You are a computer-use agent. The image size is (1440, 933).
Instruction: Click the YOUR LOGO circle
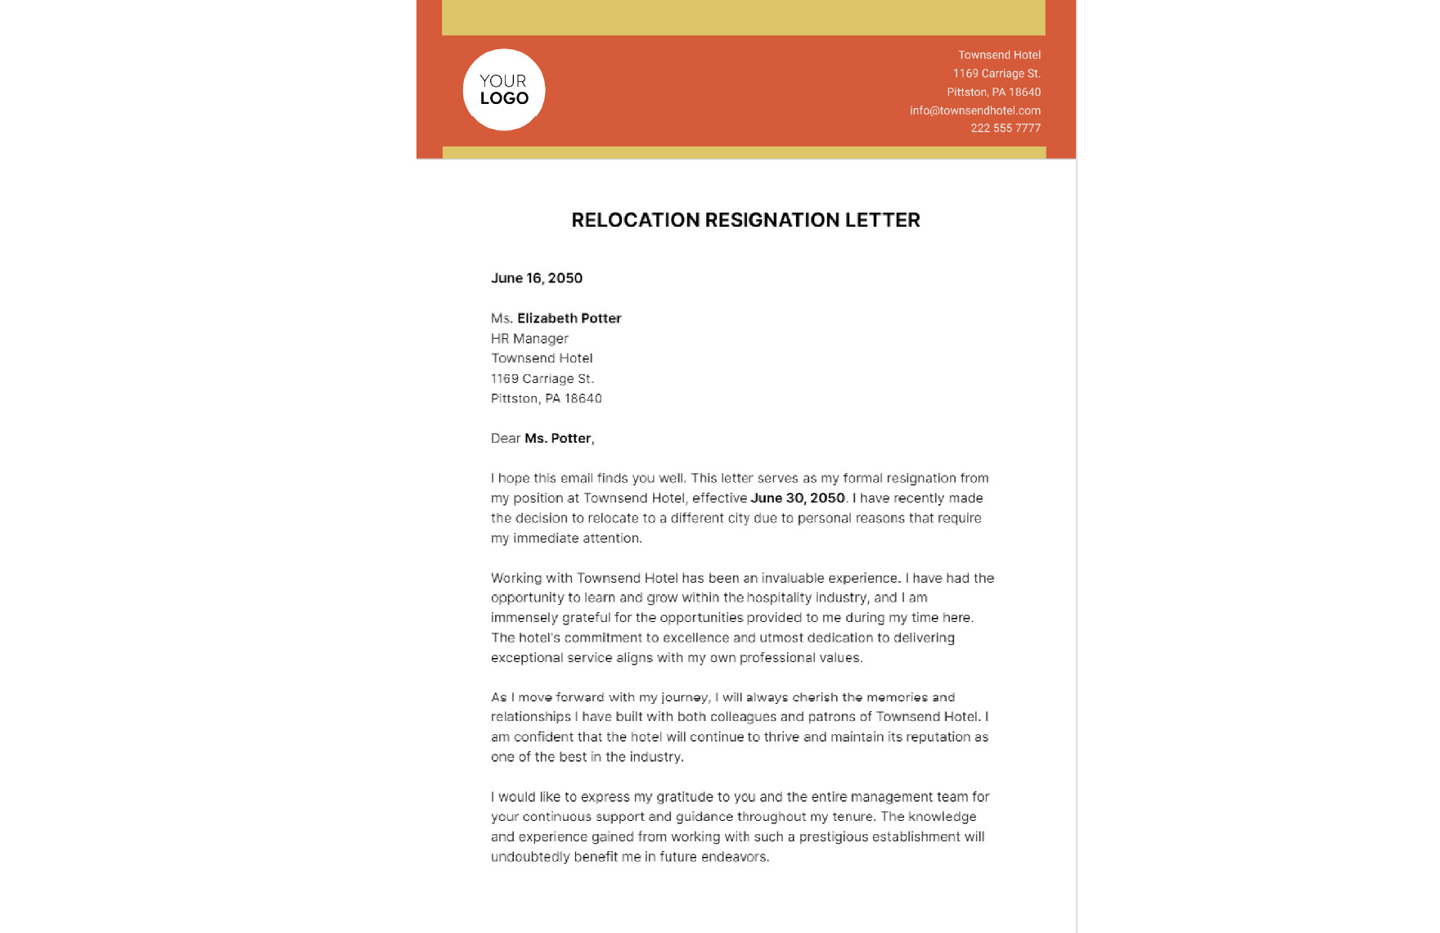coord(504,90)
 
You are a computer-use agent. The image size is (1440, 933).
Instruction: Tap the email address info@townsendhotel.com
coord(974,110)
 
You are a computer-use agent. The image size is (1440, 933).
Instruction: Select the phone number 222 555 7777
coord(1005,128)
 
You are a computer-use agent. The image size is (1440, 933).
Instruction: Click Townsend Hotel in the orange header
coord(999,55)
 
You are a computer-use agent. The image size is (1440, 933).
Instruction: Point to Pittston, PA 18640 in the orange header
coord(993,92)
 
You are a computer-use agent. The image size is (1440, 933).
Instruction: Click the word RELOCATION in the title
coord(635,220)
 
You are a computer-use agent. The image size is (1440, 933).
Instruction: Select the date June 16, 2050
coord(537,278)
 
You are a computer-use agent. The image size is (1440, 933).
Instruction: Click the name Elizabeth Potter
coord(569,318)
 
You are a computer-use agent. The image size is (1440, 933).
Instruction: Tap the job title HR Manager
coord(529,339)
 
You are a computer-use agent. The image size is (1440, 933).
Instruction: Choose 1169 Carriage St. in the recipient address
coord(542,379)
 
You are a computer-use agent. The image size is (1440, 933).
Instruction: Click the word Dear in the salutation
coord(506,439)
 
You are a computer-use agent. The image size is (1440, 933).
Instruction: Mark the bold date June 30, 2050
coord(797,498)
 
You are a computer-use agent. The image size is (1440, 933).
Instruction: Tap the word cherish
coord(814,697)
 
